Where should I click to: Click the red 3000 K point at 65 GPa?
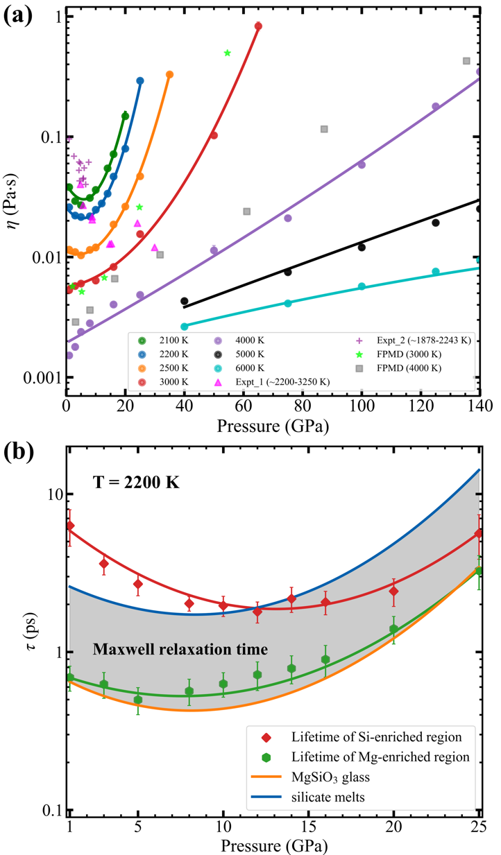coord(258,26)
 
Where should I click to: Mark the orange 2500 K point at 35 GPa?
coord(169,75)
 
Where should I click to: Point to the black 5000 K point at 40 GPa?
coord(185,301)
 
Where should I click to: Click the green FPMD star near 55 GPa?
coord(228,53)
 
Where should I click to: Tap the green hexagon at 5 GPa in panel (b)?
coord(138,700)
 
